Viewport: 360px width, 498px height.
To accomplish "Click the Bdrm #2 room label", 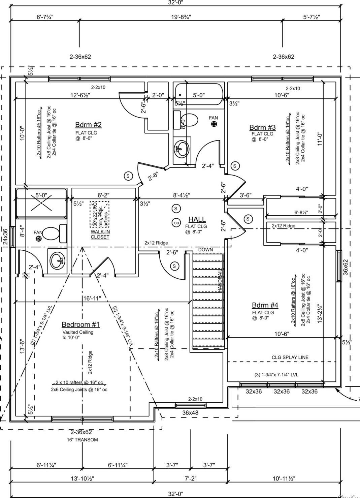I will [88, 125].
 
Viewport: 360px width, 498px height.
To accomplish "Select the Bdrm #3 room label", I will [262, 127].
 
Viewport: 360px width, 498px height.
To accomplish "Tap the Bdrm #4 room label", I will [265, 305].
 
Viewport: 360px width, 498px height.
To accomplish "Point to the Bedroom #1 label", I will [80, 324].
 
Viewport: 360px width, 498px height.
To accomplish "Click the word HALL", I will [197, 220].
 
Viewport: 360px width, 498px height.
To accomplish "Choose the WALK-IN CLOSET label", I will [100, 234].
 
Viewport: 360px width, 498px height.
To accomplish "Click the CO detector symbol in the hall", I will [176, 223].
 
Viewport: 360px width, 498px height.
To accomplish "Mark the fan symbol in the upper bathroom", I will [214, 124].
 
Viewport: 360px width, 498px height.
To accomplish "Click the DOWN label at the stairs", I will [205, 250].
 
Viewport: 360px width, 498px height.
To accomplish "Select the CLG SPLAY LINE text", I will [290, 357].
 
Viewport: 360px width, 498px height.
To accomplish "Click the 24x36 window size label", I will [5, 237].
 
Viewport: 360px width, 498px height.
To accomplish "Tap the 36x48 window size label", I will [190, 412].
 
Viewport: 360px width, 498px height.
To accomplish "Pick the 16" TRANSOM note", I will [82, 440].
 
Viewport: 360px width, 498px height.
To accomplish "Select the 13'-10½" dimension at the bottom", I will [82, 478].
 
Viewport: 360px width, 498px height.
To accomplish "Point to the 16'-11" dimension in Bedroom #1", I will [92, 298].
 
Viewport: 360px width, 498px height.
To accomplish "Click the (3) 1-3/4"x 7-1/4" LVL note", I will [276, 374].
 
